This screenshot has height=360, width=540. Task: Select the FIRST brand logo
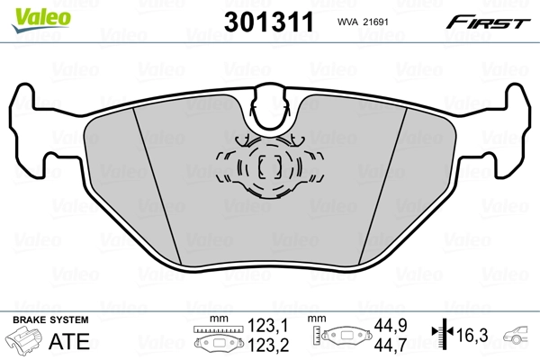(491, 22)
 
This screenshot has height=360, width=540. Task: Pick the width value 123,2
(266, 345)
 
